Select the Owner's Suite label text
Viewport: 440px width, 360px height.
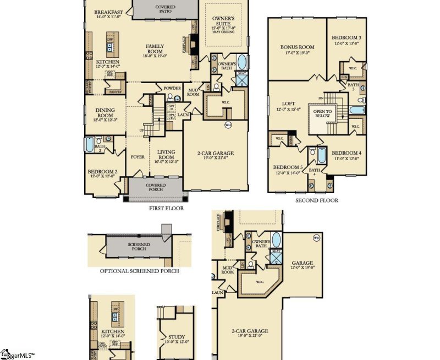pyautogui.click(x=223, y=21)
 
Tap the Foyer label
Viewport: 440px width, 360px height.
pyautogui.click(x=137, y=157)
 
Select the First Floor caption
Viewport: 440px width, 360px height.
pyautogui.click(x=166, y=209)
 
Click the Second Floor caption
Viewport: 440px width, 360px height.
pyautogui.click(x=316, y=201)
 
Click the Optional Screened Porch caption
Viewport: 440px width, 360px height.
pyautogui.click(x=139, y=271)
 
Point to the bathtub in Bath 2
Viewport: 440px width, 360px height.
pyautogui.click(x=90, y=145)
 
